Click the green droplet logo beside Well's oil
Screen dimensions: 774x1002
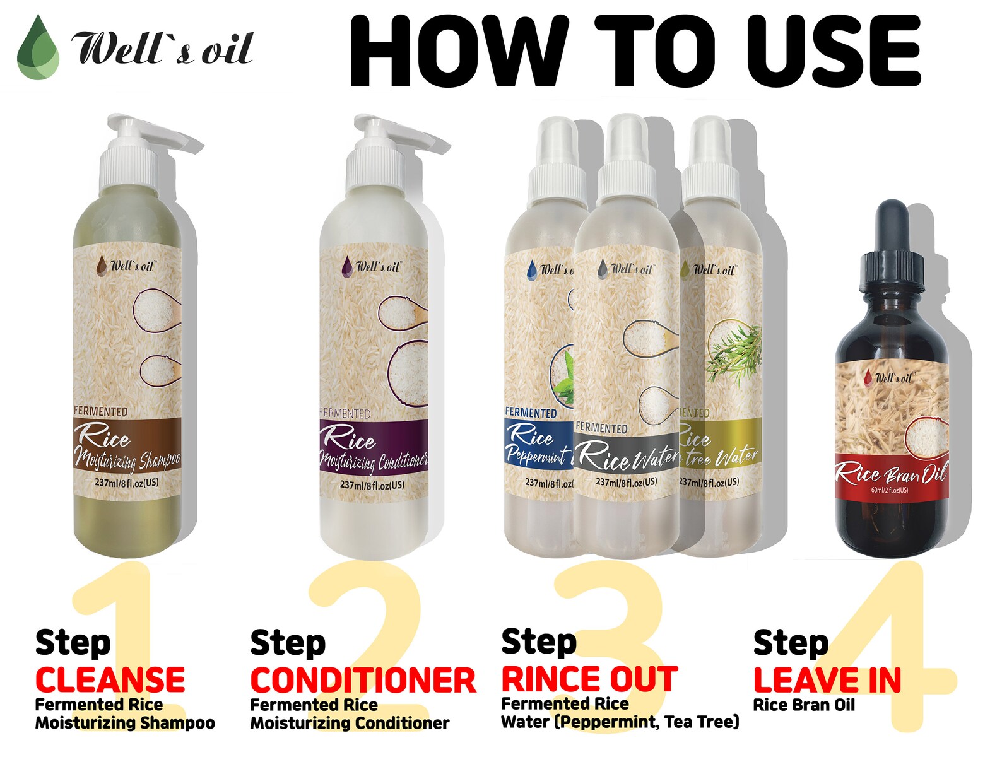coord(38,49)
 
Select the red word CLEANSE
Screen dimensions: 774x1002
coord(110,680)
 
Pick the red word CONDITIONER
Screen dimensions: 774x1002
coord(363,681)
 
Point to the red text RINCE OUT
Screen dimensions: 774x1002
coord(589,679)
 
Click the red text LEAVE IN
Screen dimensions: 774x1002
coord(827,681)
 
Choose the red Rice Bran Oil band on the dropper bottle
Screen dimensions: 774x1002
coord(891,476)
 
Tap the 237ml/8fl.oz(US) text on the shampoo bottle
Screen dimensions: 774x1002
coord(127,483)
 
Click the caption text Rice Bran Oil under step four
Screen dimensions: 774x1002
coord(804,705)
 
